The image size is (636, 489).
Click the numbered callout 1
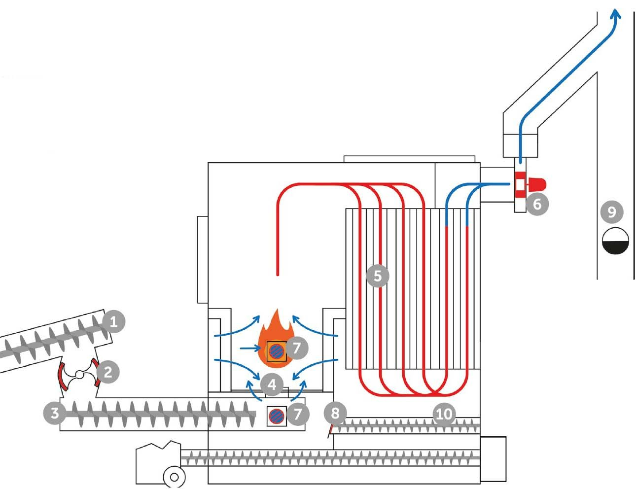point(113,323)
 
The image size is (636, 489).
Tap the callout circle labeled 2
point(108,372)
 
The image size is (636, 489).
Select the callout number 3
point(55,413)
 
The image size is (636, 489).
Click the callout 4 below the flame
point(272,384)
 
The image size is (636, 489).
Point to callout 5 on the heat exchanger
point(378,276)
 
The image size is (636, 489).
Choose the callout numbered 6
point(537,203)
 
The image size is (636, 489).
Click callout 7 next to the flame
point(296,348)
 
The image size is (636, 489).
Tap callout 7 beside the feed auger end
point(297,414)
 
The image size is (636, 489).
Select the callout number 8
point(335,413)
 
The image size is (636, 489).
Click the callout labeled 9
point(612,212)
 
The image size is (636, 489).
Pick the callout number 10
point(444,414)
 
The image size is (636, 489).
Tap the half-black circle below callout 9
point(616,241)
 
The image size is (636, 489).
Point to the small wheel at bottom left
point(174,477)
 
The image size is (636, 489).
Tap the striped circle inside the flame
point(276,351)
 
